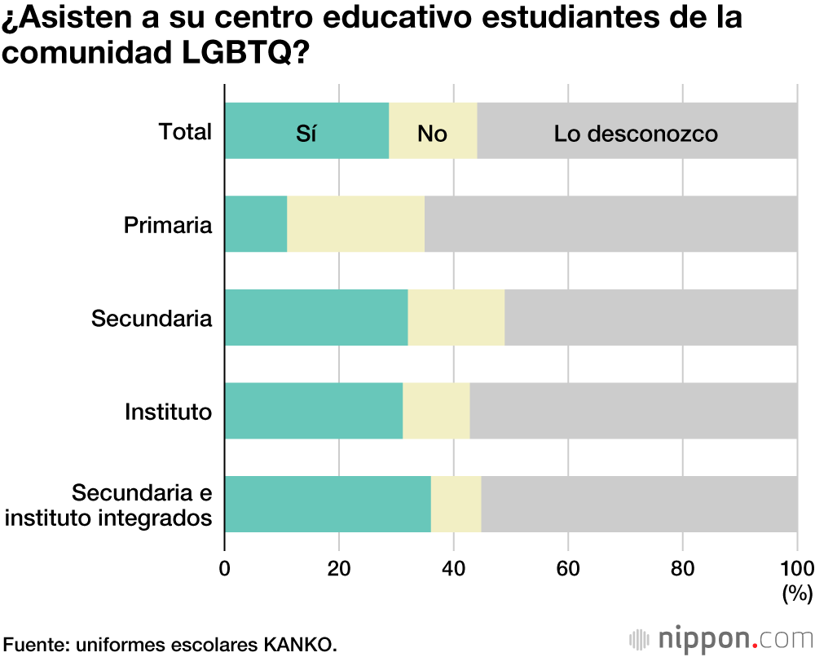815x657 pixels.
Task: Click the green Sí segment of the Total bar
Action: [306, 131]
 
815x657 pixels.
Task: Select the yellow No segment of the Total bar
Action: [433, 131]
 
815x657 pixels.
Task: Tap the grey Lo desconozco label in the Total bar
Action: [636, 133]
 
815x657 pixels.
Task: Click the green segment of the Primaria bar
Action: [256, 224]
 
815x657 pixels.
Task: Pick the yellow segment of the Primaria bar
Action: [355, 224]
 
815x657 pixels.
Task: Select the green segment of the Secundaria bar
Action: [316, 317]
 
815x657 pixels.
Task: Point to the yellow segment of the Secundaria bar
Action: [456, 317]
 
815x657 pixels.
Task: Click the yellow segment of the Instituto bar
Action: [436, 410]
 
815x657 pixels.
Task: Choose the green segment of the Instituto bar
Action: [314, 410]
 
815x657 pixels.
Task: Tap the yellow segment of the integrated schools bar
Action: [456, 503]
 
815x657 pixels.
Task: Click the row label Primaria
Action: [168, 225]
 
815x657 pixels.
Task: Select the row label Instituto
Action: [168, 412]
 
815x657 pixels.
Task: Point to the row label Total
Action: [185, 132]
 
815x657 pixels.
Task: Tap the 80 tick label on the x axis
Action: [683, 569]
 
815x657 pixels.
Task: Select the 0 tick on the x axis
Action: [225, 569]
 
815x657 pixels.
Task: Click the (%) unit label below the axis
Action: [796, 593]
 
